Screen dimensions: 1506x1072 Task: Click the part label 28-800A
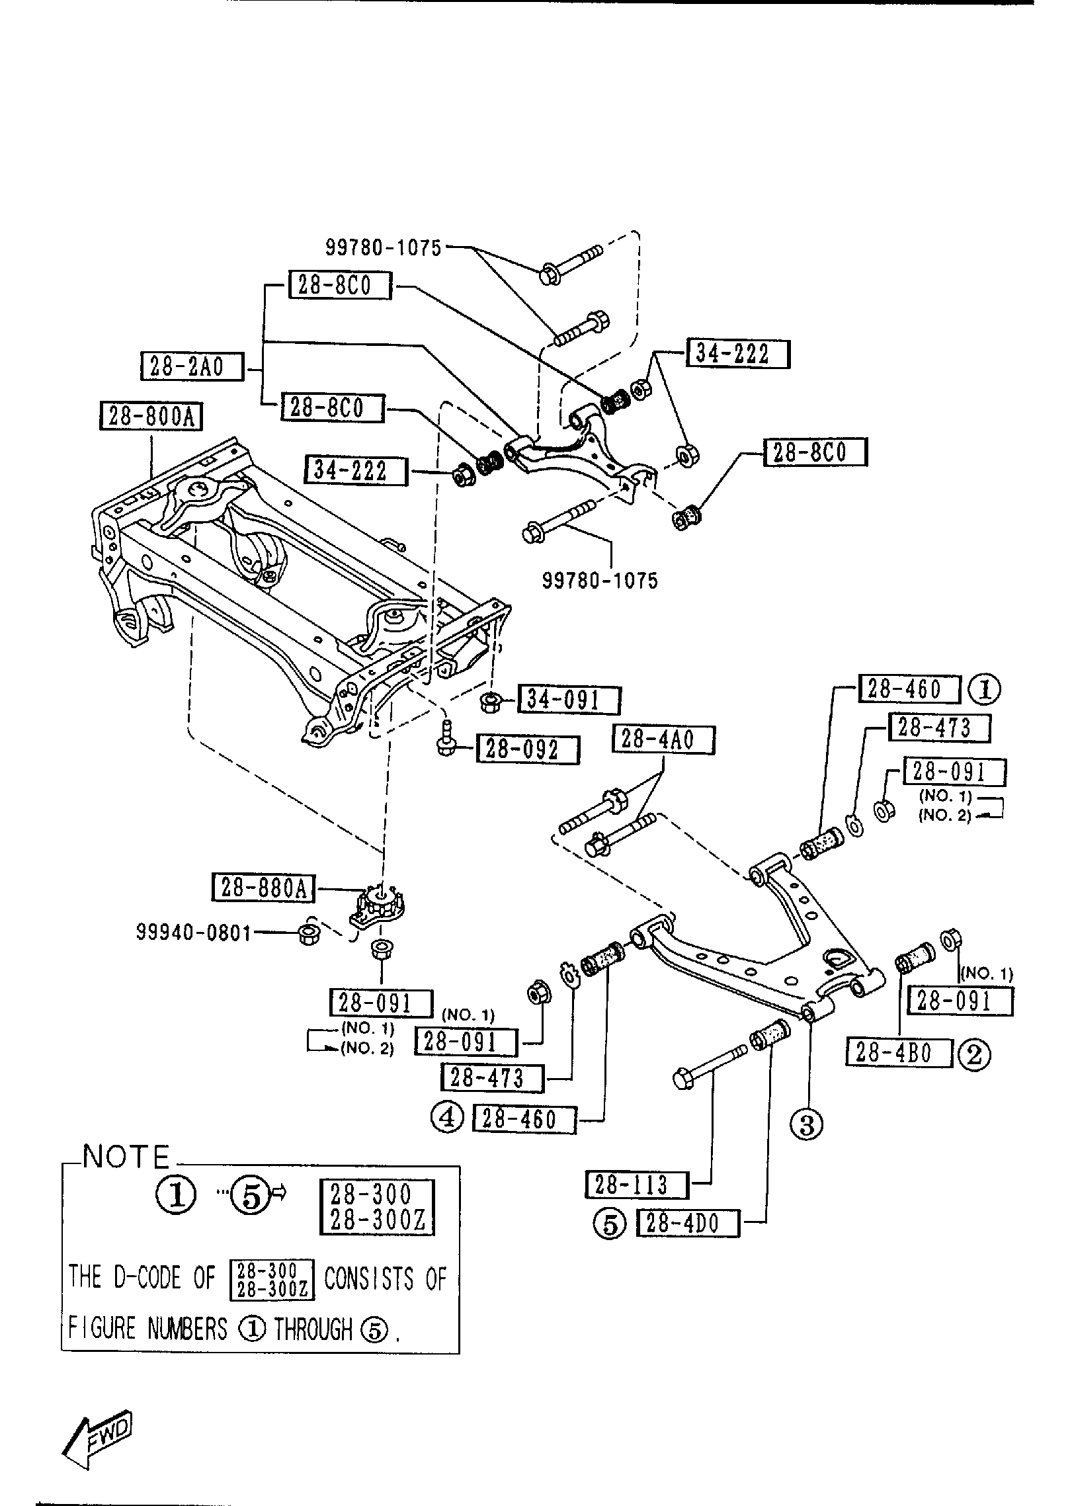coord(151,417)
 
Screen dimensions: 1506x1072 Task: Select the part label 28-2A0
coord(192,366)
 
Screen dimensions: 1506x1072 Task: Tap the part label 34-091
coord(569,700)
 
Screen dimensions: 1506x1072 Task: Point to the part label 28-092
coord(527,750)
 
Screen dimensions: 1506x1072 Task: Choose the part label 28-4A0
coord(664,739)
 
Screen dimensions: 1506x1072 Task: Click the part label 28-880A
coord(263,888)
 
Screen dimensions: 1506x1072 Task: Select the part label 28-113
coord(636,1185)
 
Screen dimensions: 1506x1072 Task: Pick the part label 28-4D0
coord(687,1224)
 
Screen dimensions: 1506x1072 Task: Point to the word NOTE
coord(126,1157)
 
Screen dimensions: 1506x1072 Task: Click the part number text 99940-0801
coord(194,933)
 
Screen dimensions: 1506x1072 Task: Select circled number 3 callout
coord(807,1124)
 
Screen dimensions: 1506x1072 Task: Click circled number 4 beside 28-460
coord(448,1118)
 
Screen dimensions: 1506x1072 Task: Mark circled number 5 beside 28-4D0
coord(610,1225)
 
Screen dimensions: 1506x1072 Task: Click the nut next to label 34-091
coord(490,702)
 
